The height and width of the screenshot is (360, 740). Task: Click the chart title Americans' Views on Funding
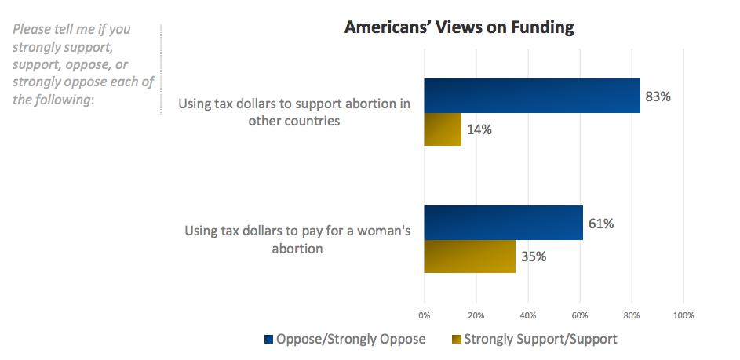(459, 27)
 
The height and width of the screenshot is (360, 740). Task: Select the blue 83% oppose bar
(532, 96)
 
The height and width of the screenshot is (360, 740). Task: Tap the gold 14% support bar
(443, 129)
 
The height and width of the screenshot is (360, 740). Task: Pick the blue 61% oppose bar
(503, 223)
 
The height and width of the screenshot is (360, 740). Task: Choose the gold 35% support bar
(469, 256)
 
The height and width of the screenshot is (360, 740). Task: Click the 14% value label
(480, 130)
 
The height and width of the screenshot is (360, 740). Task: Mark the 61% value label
(601, 224)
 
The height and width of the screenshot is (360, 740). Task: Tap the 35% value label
(534, 256)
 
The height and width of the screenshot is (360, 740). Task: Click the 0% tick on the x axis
(425, 316)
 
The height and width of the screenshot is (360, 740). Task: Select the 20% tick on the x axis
(476, 316)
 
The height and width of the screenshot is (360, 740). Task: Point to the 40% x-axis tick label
(528, 316)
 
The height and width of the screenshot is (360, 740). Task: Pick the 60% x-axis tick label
(580, 316)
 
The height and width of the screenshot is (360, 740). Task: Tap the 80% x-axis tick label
(632, 316)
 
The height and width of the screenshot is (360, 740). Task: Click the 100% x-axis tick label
(683, 316)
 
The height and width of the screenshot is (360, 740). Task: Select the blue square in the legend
(269, 340)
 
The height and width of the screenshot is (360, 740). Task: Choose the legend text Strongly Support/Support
(541, 340)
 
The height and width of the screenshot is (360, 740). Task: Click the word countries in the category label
(312, 121)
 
